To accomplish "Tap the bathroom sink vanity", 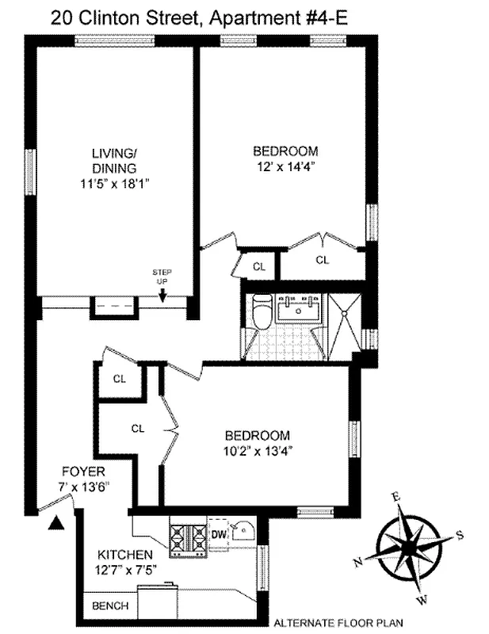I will click(x=300, y=309).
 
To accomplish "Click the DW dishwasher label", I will click(x=217, y=535).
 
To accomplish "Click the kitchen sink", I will click(x=243, y=529).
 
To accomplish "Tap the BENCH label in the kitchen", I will click(x=111, y=605).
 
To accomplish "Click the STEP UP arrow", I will click(x=162, y=296).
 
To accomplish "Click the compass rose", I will click(x=411, y=545).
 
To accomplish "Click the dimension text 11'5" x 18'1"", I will click(x=114, y=182).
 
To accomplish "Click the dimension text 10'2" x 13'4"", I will click(x=258, y=452).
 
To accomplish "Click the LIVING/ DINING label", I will click(x=114, y=161).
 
